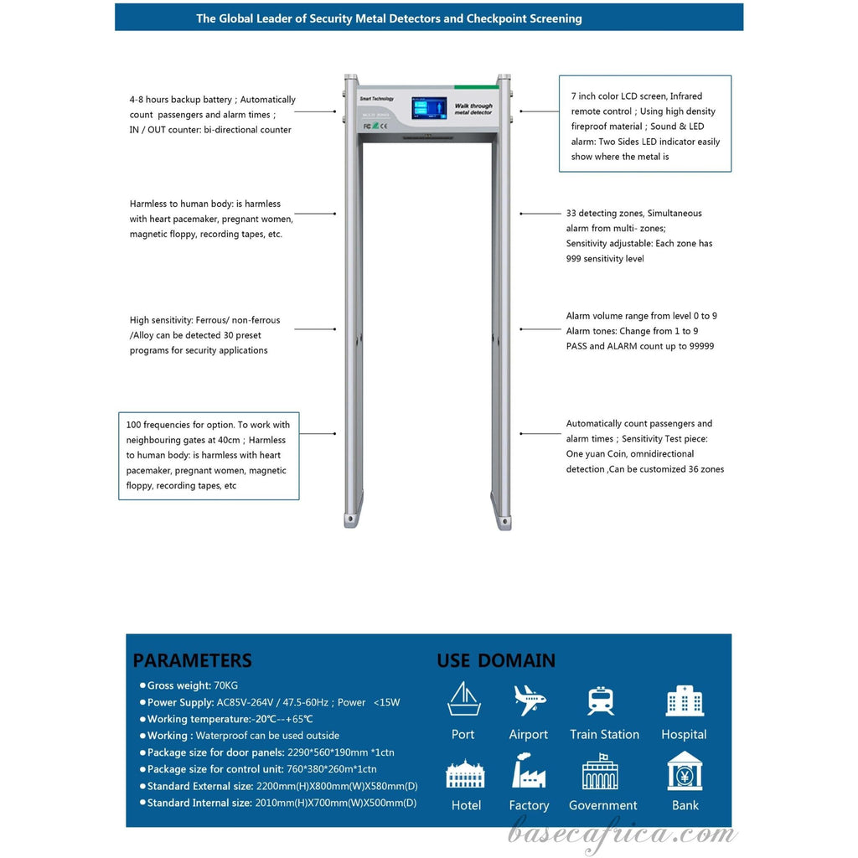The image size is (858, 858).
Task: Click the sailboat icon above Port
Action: (x=463, y=699)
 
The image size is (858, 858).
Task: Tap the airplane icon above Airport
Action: (x=529, y=699)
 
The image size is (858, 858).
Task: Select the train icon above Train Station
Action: (x=601, y=700)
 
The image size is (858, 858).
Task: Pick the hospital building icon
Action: (x=684, y=700)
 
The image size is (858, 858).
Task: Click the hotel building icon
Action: (x=465, y=773)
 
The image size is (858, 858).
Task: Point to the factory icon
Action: (x=529, y=770)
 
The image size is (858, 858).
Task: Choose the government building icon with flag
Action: (x=600, y=772)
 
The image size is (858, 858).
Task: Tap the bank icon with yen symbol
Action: (x=685, y=771)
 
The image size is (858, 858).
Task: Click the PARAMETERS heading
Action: (x=192, y=660)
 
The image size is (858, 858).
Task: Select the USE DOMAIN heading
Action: (x=496, y=660)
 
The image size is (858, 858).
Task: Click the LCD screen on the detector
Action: (x=428, y=107)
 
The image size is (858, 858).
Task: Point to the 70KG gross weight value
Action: (x=226, y=685)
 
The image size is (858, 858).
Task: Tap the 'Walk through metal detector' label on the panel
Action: (x=473, y=108)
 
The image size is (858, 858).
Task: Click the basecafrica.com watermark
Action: (x=623, y=834)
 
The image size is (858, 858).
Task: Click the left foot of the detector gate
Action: (x=350, y=520)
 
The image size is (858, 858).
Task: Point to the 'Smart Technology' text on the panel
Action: (x=376, y=99)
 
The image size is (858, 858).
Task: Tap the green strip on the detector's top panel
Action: (x=476, y=86)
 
